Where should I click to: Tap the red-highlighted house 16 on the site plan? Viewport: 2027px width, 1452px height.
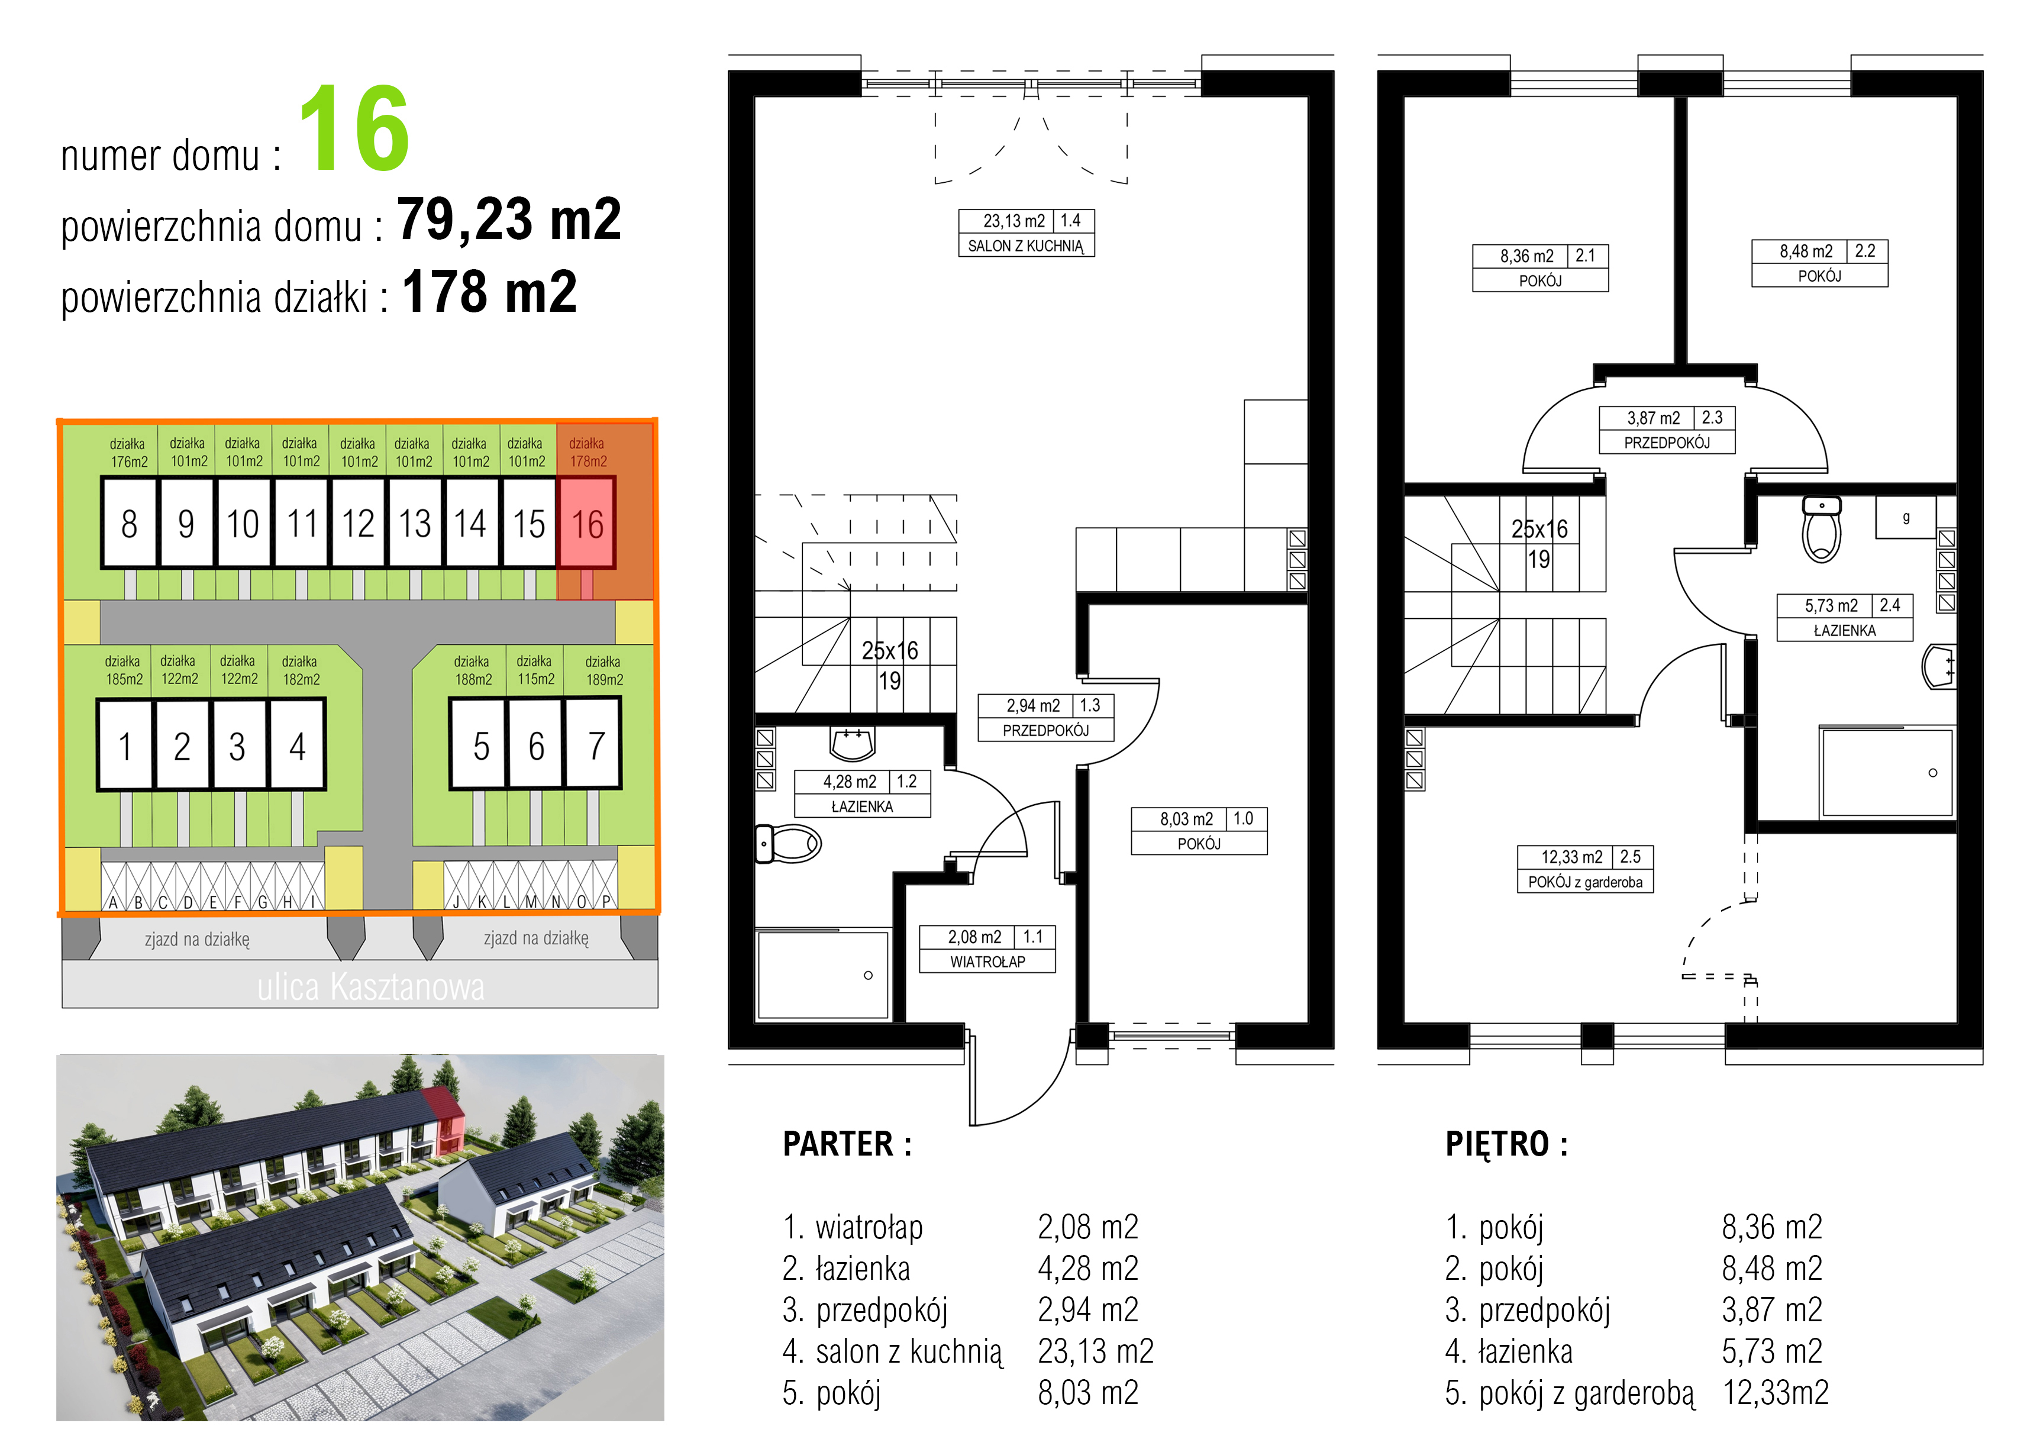pos(586,522)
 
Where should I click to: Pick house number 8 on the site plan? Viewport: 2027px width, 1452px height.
pos(130,522)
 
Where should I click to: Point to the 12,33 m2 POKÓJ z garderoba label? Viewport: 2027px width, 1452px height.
pos(1584,869)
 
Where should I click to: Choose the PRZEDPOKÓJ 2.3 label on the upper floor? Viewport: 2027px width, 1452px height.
pos(1667,430)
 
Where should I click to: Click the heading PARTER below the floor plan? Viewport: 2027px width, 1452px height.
pos(847,1144)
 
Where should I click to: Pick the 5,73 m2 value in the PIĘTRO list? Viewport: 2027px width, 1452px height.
pos(1771,1351)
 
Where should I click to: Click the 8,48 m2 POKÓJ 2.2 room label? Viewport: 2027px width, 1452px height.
pos(1820,263)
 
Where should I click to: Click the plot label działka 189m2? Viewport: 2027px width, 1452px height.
pos(603,670)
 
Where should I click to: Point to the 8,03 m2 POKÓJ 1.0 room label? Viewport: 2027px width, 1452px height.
pos(1199,831)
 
